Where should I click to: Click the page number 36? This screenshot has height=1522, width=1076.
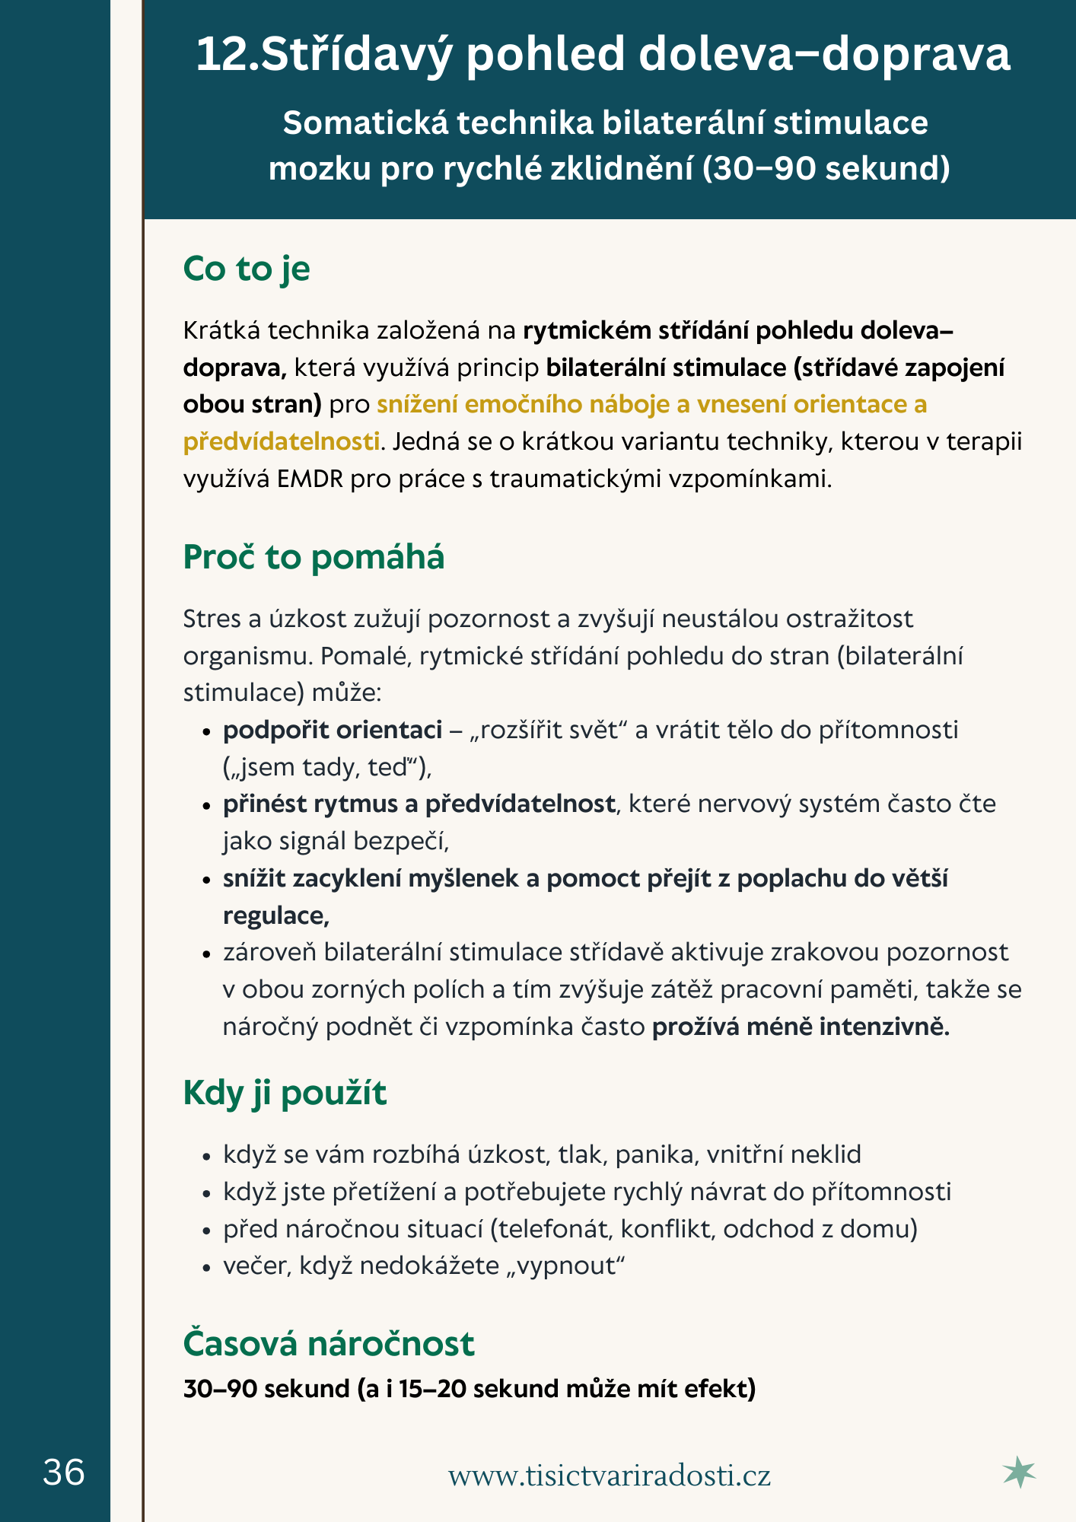coord(64,1473)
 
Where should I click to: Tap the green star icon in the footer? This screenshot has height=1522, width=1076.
coord(1019,1473)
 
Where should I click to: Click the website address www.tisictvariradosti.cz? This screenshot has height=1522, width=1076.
coord(609,1475)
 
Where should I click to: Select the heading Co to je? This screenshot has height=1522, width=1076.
coord(247,269)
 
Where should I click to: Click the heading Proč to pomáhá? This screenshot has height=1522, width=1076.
coord(314,557)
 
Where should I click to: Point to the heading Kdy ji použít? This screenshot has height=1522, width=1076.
coord(285,1093)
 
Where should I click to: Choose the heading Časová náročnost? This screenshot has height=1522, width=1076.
coord(329,1343)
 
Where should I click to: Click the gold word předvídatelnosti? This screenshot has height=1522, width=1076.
coord(281,441)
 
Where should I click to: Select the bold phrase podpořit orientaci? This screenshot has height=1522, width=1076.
coord(333,730)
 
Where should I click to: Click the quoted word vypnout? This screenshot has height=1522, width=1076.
coord(565,1266)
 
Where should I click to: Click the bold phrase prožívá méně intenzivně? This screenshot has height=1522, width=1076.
coord(801,1027)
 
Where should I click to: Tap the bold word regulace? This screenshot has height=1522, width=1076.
coord(275,915)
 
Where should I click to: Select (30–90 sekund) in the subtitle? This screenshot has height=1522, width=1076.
coord(826,167)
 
